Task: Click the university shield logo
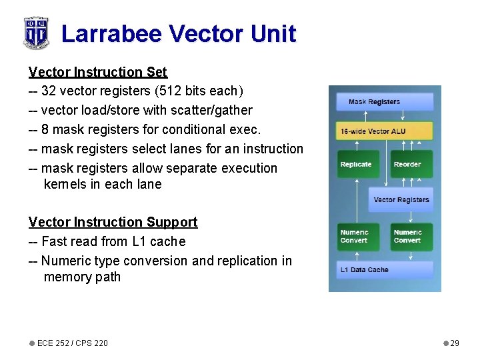click(x=35, y=32)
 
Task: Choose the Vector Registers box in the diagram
click(x=401, y=199)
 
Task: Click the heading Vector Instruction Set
click(x=98, y=71)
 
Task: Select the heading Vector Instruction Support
click(x=113, y=222)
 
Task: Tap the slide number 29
click(x=455, y=343)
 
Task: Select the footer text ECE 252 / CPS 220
click(x=72, y=343)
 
